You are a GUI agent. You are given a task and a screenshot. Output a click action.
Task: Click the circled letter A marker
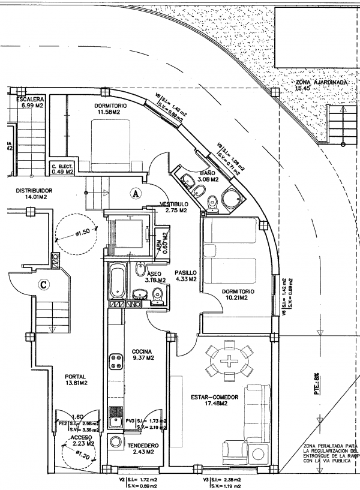tap(136, 193)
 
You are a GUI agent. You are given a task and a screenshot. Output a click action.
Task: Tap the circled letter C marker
tap(43, 284)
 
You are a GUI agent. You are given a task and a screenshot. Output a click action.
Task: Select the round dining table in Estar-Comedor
tap(229, 361)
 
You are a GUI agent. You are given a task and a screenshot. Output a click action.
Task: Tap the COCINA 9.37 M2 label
tap(143, 355)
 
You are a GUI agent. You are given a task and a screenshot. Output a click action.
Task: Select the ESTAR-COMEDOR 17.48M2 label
tap(214, 400)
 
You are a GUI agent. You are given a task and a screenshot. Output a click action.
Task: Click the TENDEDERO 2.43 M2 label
tap(143, 449)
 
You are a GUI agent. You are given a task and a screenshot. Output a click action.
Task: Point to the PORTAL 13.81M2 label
tap(76, 380)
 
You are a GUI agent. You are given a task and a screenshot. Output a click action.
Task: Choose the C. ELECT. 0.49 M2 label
tap(62, 169)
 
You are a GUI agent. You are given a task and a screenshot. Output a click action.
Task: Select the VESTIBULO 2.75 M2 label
tap(174, 208)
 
